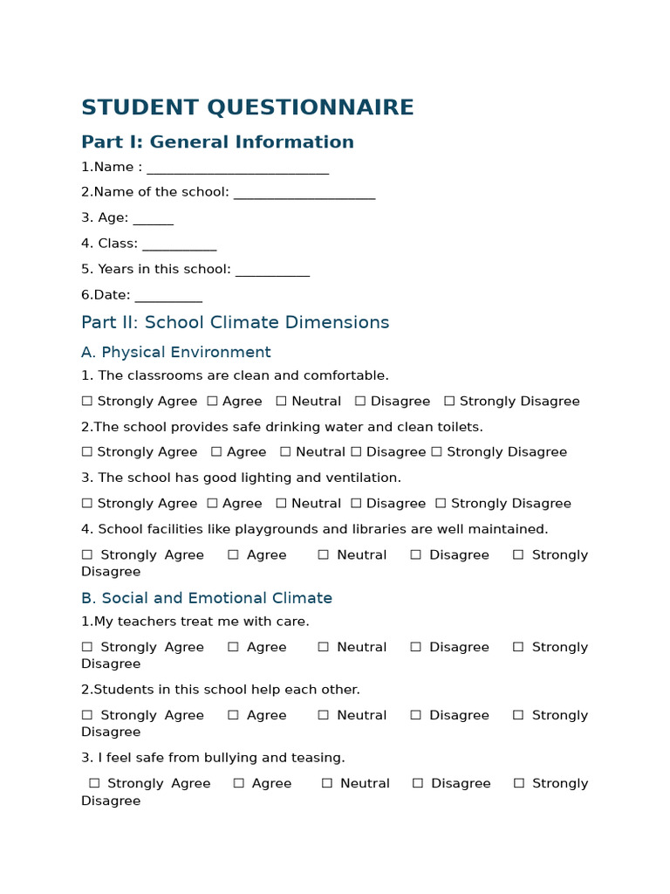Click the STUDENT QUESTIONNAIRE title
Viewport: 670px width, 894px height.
coord(247,107)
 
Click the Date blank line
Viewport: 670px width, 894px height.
coord(168,298)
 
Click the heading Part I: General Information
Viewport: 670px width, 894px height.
coord(217,142)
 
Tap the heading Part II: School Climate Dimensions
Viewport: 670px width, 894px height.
coord(235,322)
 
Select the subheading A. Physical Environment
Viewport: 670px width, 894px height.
coord(175,352)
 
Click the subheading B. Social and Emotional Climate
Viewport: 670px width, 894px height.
coord(206,598)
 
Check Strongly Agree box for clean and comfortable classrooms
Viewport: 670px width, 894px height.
coord(86,402)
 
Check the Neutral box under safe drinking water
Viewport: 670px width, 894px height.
coord(285,452)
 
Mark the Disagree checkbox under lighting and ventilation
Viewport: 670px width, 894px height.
coord(356,504)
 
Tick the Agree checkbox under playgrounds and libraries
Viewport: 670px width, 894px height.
coord(233,555)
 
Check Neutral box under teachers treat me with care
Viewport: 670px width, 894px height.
coord(323,648)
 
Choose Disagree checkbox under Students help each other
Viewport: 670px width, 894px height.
coord(415,716)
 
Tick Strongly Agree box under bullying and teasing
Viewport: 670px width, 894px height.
coord(94,784)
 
